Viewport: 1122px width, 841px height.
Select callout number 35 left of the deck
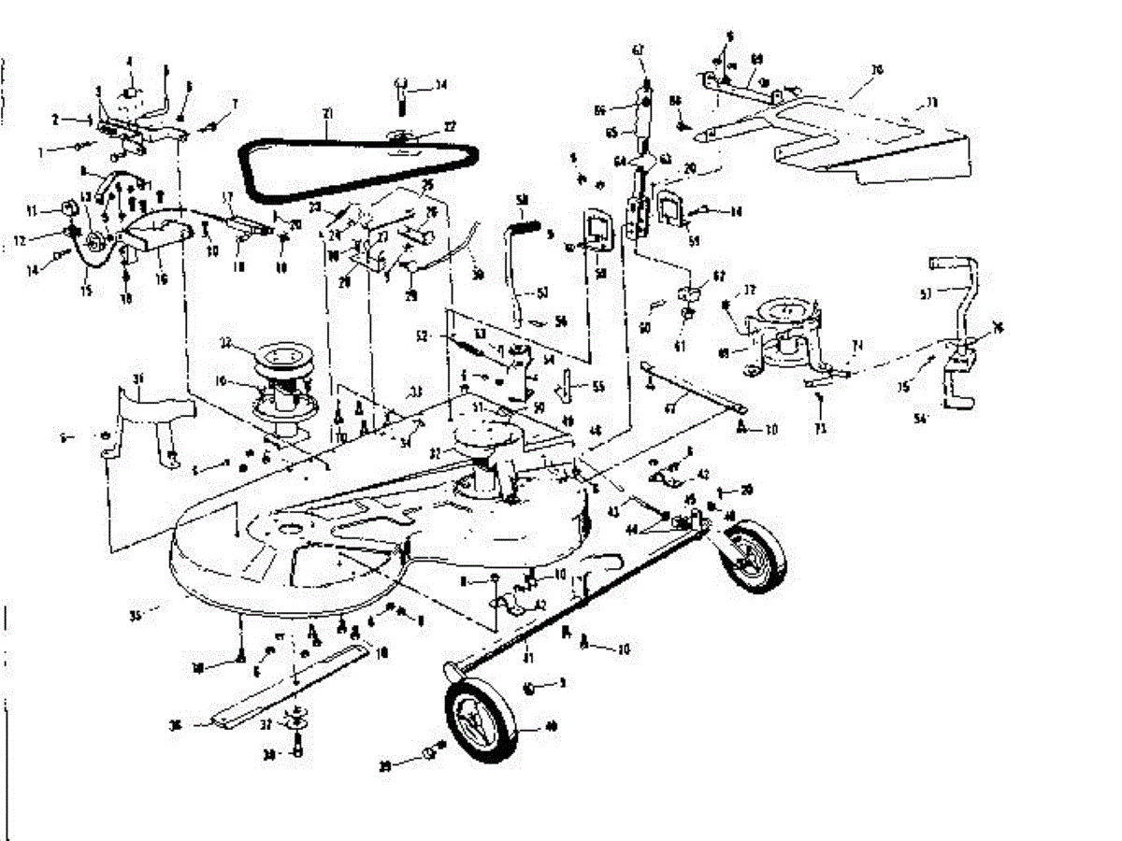click(137, 617)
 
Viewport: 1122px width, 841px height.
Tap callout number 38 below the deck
click(197, 667)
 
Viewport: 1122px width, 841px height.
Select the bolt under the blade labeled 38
click(297, 750)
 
